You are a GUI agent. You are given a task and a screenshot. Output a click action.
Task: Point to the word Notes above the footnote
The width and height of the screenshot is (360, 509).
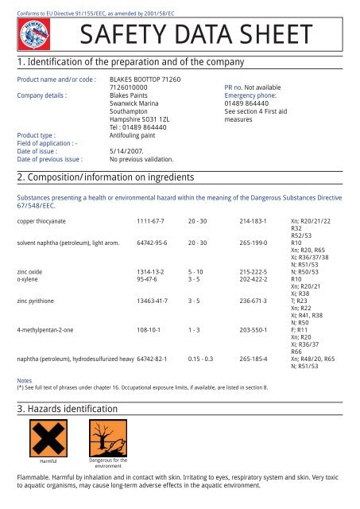25,381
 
